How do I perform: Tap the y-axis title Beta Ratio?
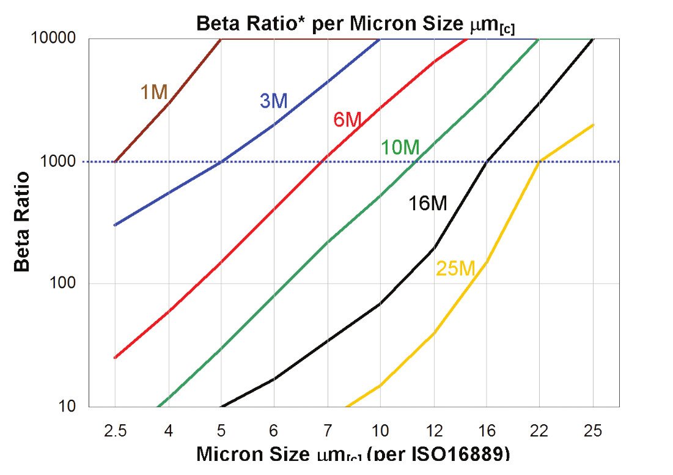(x=23, y=222)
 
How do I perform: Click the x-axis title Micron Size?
(x=353, y=455)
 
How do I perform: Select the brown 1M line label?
(x=153, y=92)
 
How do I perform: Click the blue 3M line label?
(x=273, y=101)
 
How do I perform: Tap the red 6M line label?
(x=348, y=120)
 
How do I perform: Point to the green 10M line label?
(x=400, y=147)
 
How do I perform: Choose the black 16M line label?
(x=428, y=204)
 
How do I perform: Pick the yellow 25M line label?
(x=455, y=268)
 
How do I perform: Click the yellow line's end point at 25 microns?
(x=593, y=125)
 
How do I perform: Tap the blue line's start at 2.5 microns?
(x=115, y=225)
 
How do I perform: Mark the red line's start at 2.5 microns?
(x=115, y=358)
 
